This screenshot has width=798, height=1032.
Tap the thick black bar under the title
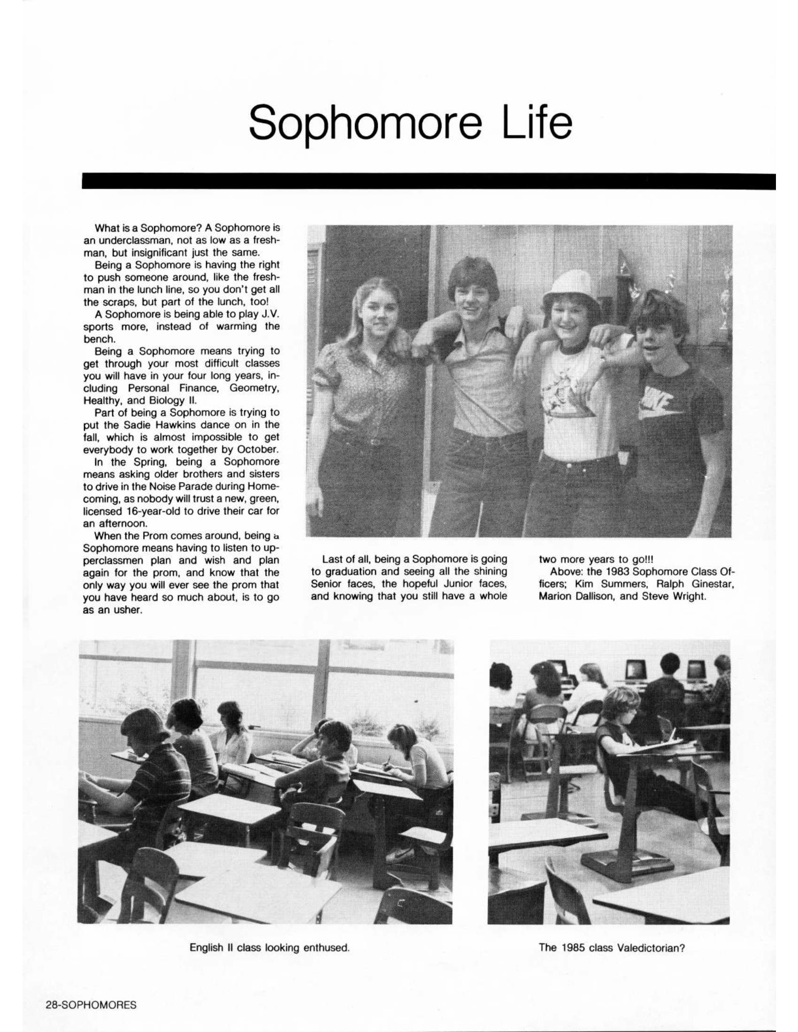(x=428, y=182)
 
